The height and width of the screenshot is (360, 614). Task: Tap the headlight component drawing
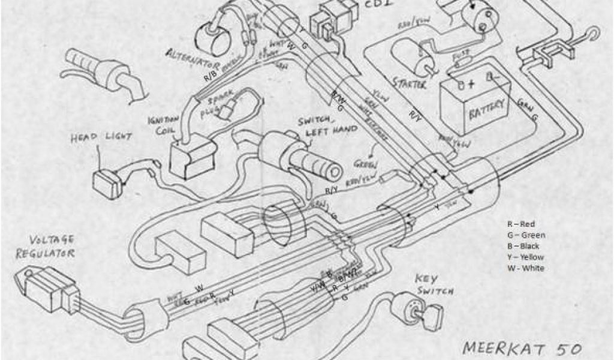pyautogui.click(x=107, y=180)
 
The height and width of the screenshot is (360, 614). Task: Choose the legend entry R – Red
pyautogui.click(x=520, y=224)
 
